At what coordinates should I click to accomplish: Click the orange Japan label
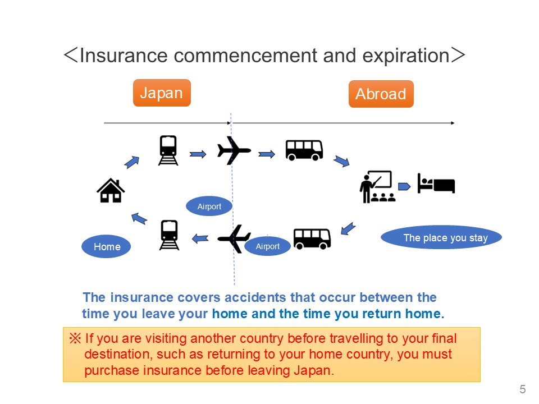(x=162, y=93)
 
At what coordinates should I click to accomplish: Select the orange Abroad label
(x=381, y=94)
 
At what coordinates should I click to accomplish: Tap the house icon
(x=111, y=190)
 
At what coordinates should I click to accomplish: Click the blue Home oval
(x=106, y=247)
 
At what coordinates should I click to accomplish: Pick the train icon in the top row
(x=168, y=150)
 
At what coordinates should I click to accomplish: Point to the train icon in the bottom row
(x=169, y=235)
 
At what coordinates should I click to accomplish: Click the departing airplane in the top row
(x=234, y=150)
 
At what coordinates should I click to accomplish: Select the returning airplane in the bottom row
(x=234, y=238)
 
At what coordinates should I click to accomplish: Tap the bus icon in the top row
(x=304, y=150)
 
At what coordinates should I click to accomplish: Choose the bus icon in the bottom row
(x=312, y=238)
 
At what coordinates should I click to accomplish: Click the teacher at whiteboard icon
(x=377, y=186)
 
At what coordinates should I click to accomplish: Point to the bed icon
(x=436, y=183)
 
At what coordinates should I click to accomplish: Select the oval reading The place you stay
(x=441, y=237)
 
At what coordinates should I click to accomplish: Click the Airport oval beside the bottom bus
(x=267, y=246)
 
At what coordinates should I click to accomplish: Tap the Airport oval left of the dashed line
(x=209, y=206)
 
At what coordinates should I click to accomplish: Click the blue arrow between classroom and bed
(x=404, y=186)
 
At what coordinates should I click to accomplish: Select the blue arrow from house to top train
(x=132, y=162)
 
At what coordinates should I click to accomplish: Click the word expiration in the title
(x=406, y=56)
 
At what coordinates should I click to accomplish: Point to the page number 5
(x=523, y=389)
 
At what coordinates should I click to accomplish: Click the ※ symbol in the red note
(x=75, y=338)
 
